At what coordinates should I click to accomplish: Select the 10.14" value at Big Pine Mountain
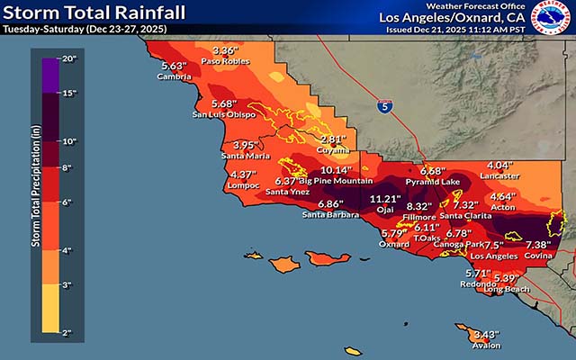coord(335,170)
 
